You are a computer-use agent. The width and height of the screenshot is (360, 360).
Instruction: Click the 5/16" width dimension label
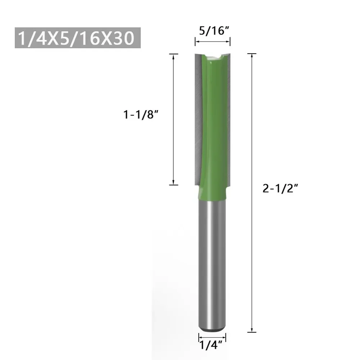point(213,31)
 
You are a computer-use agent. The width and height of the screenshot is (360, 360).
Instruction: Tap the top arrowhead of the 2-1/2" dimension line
point(252,56)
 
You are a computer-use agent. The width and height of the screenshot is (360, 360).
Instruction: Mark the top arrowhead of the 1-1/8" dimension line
point(174,56)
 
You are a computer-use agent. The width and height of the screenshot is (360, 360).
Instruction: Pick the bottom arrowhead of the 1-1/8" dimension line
point(174,182)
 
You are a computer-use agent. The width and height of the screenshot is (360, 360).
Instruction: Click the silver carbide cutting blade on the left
point(197,119)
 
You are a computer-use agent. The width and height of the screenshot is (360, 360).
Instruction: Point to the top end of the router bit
point(212,55)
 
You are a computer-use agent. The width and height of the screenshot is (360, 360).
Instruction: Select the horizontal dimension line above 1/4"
point(212,338)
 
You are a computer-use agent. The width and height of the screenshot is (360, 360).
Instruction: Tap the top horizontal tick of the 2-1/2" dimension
point(252,54)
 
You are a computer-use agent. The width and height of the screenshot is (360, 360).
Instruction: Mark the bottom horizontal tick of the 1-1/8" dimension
point(174,185)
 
